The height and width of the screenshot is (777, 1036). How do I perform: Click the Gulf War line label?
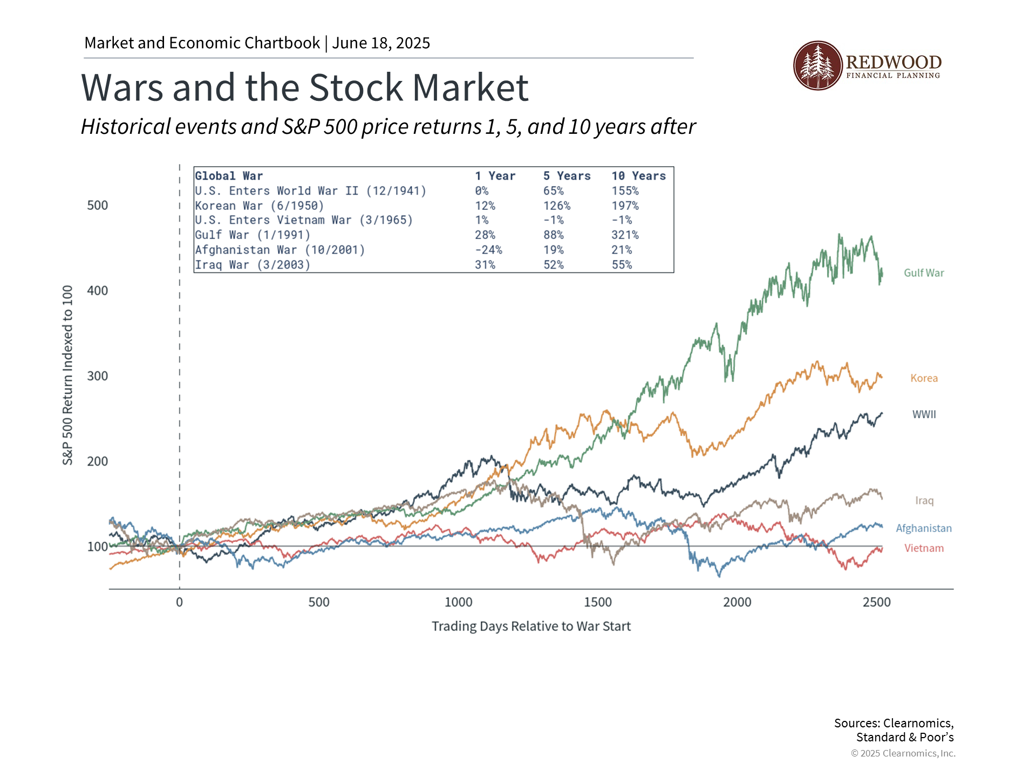pyautogui.click(x=924, y=273)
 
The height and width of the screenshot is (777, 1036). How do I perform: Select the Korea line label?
pyautogui.click(x=924, y=378)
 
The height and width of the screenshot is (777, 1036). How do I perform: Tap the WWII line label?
pyautogui.click(x=924, y=414)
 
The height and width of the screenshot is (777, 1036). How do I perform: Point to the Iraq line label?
pyautogui.click(x=924, y=501)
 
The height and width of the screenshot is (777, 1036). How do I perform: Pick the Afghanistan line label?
pyautogui.click(x=924, y=528)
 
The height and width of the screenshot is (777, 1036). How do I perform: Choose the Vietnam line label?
pyautogui.click(x=924, y=548)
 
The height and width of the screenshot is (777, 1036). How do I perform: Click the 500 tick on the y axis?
pyautogui.click(x=98, y=206)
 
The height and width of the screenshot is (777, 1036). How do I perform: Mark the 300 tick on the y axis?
pyautogui.click(x=98, y=376)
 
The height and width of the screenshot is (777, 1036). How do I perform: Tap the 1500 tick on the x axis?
pyautogui.click(x=598, y=602)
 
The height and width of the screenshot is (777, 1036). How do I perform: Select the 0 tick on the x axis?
pyautogui.click(x=180, y=602)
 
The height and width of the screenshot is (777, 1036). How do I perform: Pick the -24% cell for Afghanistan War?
pyautogui.click(x=488, y=250)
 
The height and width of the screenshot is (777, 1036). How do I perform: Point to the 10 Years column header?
pyautogui.click(x=638, y=176)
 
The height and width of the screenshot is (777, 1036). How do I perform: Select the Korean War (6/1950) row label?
pyautogui.click(x=260, y=206)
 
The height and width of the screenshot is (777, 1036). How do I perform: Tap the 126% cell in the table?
pyautogui.click(x=556, y=206)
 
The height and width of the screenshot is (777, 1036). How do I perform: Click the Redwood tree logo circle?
pyautogui.click(x=817, y=66)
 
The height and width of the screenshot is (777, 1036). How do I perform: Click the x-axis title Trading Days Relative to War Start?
pyautogui.click(x=531, y=626)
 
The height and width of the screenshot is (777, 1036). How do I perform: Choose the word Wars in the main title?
pyautogui.click(x=122, y=88)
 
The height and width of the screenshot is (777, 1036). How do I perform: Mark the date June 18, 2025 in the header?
pyautogui.click(x=381, y=43)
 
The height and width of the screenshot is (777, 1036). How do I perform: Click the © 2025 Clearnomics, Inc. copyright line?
pyautogui.click(x=903, y=753)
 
